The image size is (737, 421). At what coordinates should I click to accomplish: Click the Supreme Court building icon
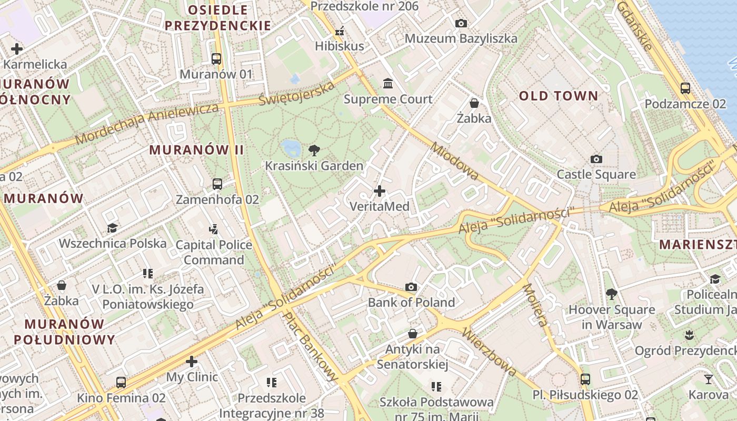click(x=388, y=83)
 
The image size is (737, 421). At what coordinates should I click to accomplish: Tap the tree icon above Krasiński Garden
click(x=314, y=150)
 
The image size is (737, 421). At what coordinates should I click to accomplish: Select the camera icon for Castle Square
click(x=596, y=159)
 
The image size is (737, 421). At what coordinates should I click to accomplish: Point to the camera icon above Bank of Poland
click(x=411, y=287)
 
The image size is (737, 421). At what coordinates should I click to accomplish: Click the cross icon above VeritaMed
click(x=379, y=191)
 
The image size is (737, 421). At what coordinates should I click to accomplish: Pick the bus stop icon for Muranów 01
click(x=216, y=58)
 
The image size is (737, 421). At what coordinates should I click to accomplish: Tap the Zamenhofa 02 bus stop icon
click(x=217, y=184)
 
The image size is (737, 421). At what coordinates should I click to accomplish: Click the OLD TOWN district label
click(x=559, y=96)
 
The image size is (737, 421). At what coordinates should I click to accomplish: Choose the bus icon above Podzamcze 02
click(x=685, y=88)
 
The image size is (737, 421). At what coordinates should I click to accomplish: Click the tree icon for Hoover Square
click(x=611, y=294)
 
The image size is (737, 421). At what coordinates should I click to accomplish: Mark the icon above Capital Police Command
click(x=213, y=229)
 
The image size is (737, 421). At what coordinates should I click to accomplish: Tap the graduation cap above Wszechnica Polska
click(x=112, y=228)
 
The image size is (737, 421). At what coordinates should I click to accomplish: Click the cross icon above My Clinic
click(x=192, y=362)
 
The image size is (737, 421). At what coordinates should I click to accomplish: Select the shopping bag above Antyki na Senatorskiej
click(x=413, y=334)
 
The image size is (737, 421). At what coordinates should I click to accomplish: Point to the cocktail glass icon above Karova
click(x=709, y=379)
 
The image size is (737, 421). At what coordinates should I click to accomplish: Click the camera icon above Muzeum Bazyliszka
click(x=461, y=23)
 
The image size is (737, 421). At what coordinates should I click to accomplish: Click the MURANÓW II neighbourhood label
click(x=196, y=150)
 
